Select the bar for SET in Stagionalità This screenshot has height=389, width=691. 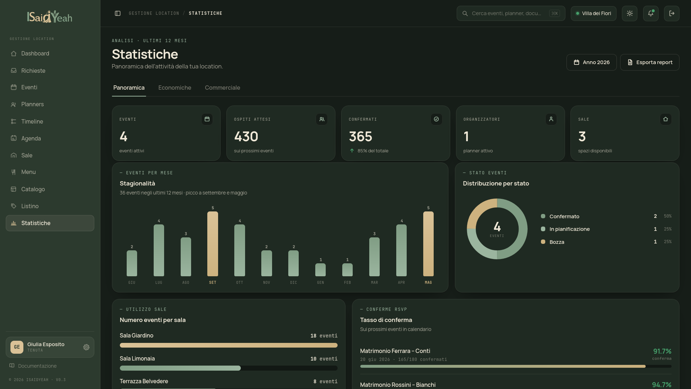coord(213,244)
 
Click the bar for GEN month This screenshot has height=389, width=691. coord(320,270)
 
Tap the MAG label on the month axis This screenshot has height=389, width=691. coord(428,283)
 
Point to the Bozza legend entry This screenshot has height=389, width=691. coord(557,242)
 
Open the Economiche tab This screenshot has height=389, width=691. coord(175,88)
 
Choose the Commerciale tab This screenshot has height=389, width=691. coord(222,88)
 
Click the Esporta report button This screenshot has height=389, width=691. coord(650,62)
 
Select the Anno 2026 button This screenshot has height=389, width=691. coord(591,62)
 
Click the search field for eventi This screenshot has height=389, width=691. coord(511,13)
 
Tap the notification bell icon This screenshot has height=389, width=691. coord(651,13)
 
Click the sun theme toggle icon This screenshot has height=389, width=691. coord(629,13)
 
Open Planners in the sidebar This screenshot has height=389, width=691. coord(32,104)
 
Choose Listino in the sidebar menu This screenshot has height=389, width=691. coord(30,206)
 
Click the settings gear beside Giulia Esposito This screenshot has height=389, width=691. coord(86,347)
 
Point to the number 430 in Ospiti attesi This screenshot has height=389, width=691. coord(246,137)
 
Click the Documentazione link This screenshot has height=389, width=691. coord(37,366)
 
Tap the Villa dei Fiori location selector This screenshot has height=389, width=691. coord(593,13)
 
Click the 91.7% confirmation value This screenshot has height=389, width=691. coord(662,351)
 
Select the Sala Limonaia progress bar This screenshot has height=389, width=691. coord(229,368)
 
